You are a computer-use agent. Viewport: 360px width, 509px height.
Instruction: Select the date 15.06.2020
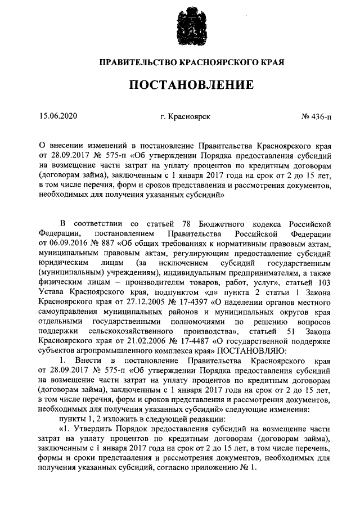click(x=58, y=117)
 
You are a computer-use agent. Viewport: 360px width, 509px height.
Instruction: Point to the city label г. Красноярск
click(x=184, y=117)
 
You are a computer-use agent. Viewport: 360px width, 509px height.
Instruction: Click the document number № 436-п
click(x=316, y=117)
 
